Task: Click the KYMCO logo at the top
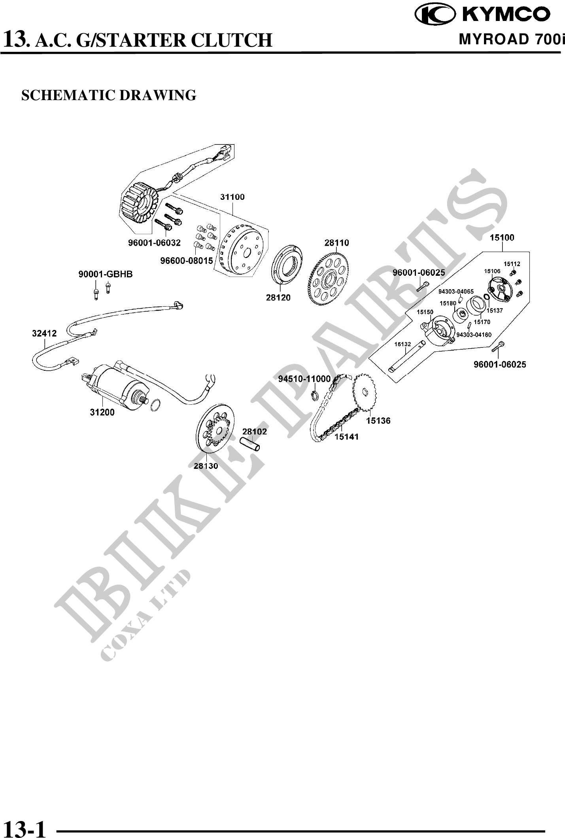tap(482, 14)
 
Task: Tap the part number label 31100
tap(232, 197)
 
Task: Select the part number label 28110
tap(337, 243)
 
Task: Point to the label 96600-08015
tap(186, 261)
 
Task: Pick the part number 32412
tap(44, 334)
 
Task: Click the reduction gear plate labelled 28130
tap(215, 431)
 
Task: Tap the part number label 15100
tap(502, 237)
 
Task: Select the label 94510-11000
tap(304, 379)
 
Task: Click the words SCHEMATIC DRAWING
tap(109, 95)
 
